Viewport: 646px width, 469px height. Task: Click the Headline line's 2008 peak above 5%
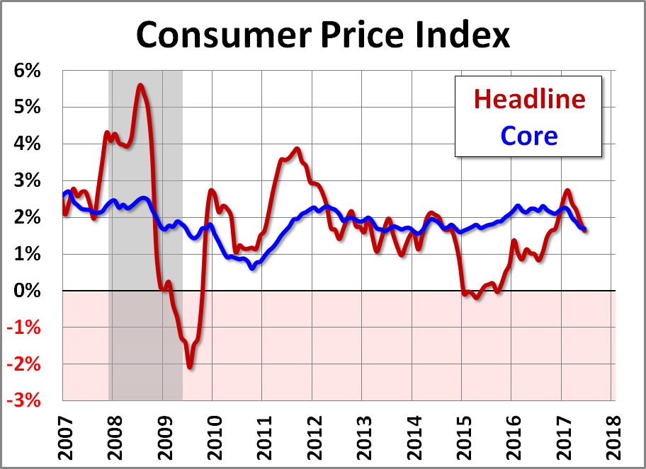click(x=140, y=86)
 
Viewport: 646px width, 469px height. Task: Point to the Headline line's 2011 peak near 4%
click(x=297, y=149)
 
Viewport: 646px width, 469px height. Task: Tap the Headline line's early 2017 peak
click(x=567, y=190)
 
